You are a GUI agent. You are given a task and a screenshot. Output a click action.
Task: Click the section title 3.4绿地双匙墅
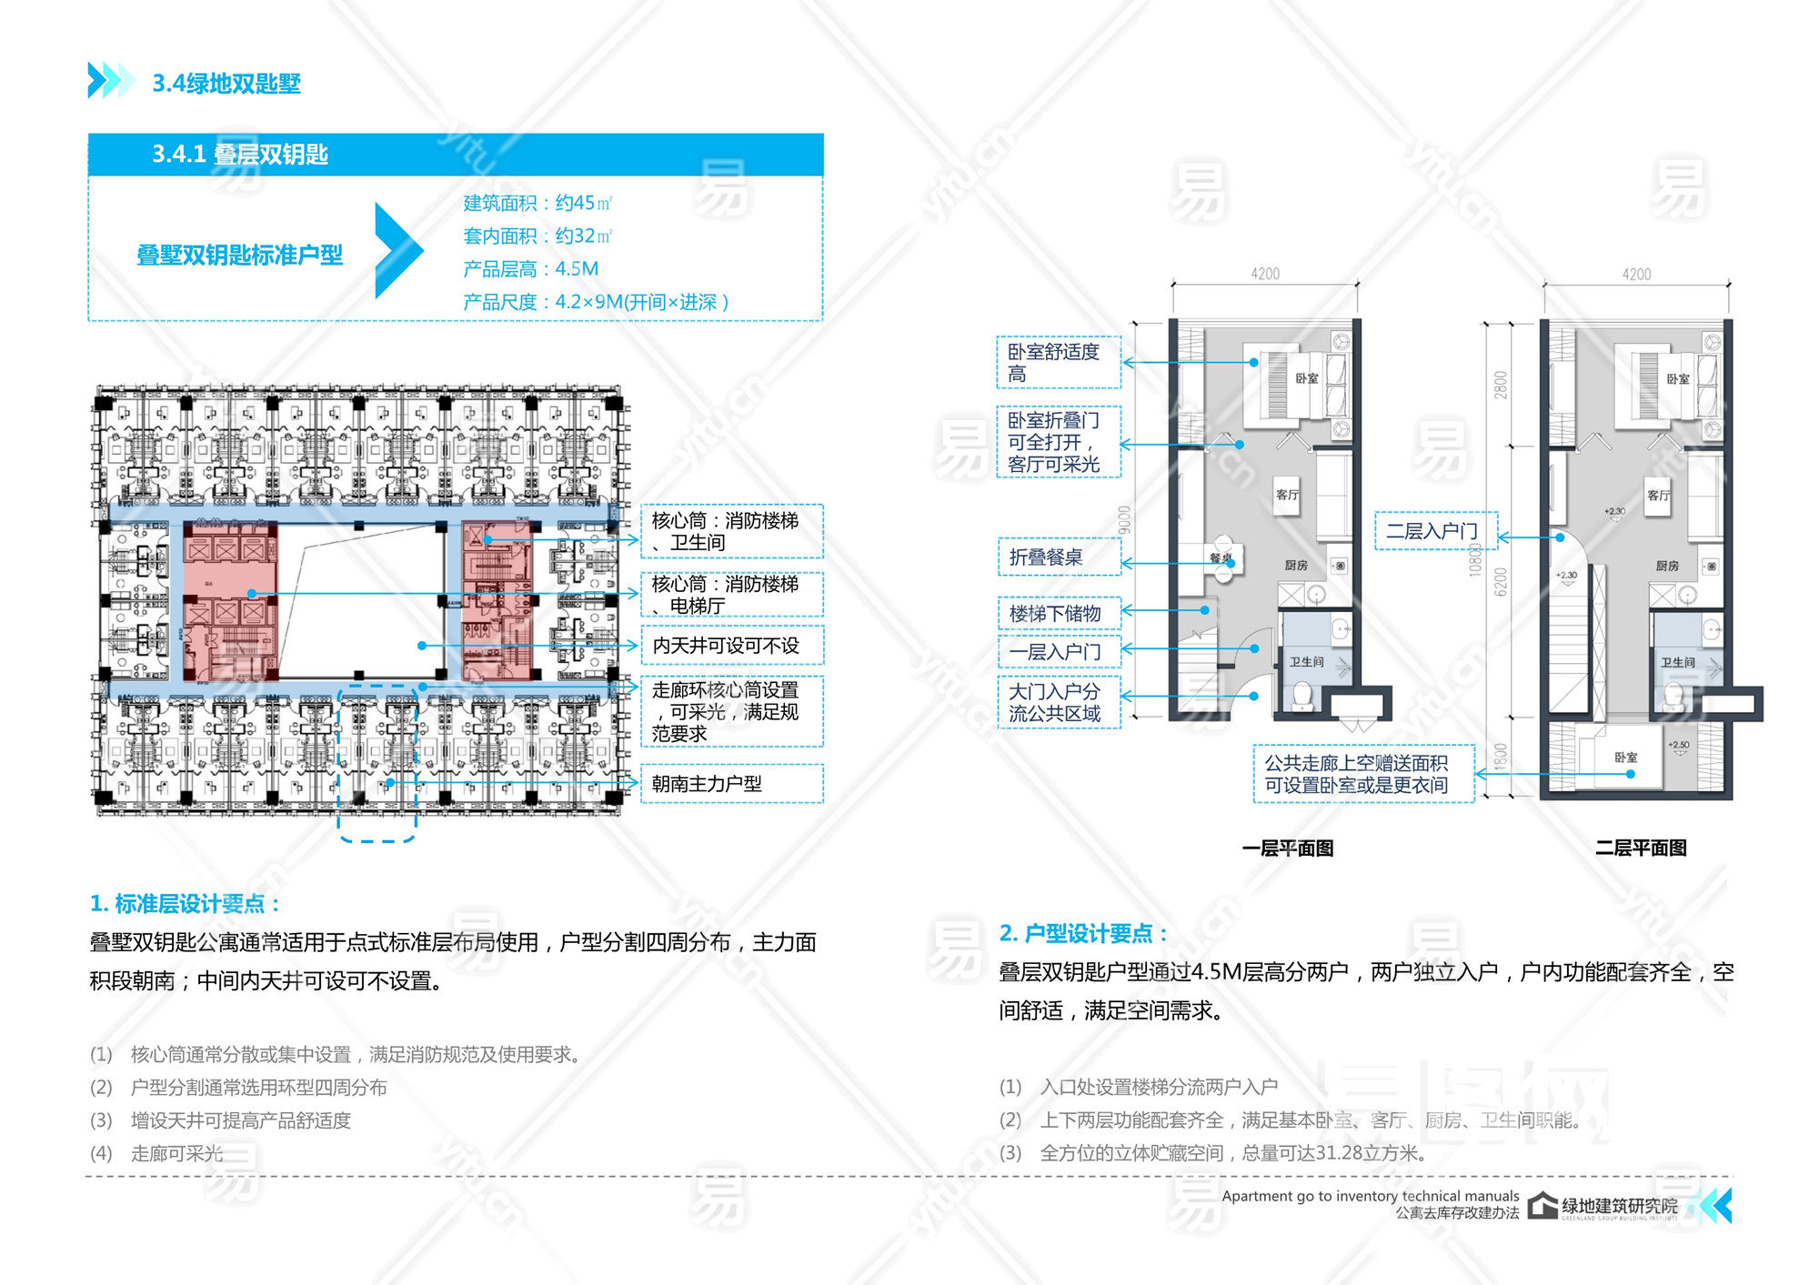(x=226, y=84)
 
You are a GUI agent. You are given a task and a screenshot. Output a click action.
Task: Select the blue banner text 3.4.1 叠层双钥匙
(x=239, y=155)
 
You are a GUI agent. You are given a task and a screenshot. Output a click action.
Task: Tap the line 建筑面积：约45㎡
(x=537, y=203)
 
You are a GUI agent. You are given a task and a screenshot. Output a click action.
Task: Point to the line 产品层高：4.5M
(x=530, y=269)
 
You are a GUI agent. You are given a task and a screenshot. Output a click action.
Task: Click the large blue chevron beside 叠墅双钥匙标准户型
(x=397, y=251)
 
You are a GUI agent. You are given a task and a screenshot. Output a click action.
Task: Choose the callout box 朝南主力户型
(x=731, y=783)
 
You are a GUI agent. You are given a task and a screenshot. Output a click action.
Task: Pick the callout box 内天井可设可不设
(x=731, y=645)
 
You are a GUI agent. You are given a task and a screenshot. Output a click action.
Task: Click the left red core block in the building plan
(x=230, y=600)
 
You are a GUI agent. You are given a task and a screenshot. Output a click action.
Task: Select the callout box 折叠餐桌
(x=1058, y=557)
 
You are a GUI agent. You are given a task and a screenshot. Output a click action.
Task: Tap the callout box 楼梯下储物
(x=1058, y=613)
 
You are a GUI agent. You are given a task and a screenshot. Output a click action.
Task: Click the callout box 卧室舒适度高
(x=1058, y=362)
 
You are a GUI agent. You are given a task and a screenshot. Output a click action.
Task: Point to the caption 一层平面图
(x=1287, y=848)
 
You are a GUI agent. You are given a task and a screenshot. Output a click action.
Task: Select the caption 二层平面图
(x=1640, y=848)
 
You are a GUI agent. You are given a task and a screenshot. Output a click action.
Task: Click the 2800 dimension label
(x=1500, y=385)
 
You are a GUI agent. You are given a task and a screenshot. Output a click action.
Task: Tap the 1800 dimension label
(x=1500, y=756)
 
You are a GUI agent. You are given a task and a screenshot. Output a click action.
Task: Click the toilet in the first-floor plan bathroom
(x=1302, y=696)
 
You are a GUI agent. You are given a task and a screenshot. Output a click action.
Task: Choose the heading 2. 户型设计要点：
(x=1082, y=933)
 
